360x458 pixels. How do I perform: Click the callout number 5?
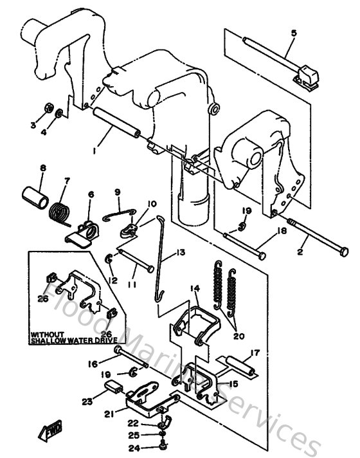click(293, 32)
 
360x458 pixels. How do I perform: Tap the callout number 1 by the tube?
click(94, 151)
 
